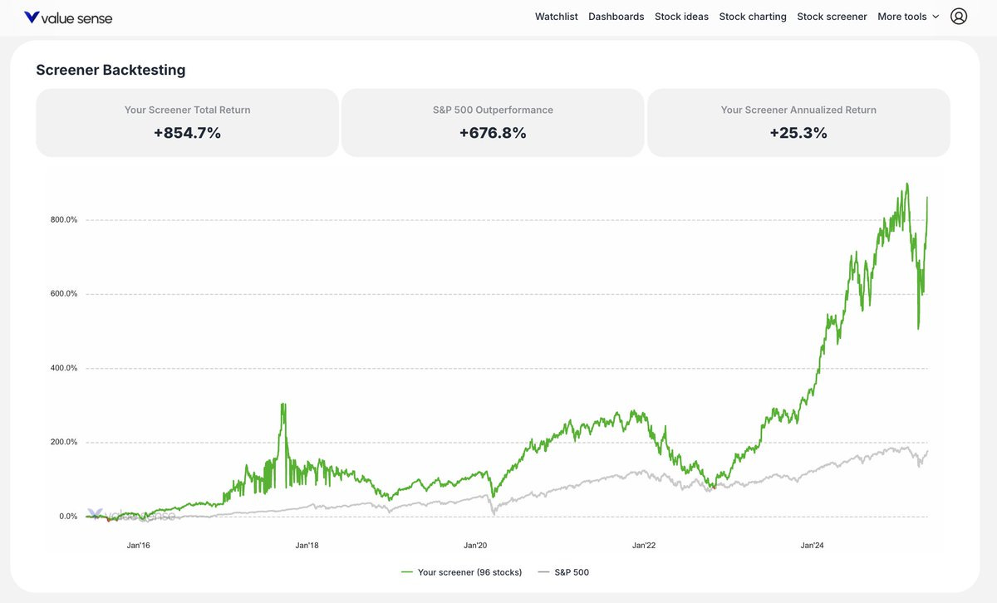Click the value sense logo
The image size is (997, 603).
pyautogui.click(x=68, y=17)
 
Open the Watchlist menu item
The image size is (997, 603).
pyautogui.click(x=557, y=17)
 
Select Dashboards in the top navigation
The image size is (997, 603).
pyautogui.click(x=616, y=17)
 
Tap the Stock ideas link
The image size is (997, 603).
pyautogui.click(x=681, y=17)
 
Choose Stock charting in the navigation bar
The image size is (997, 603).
pyautogui.click(x=753, y=17)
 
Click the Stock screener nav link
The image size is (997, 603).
pyautogui.click(x=832, y=17)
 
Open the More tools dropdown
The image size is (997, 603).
pyautogui.click(x=908, y=17)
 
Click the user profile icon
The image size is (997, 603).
pyautogui.click(x=959, y=17)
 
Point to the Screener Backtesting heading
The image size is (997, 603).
pyautogui.click(x=111, y=71)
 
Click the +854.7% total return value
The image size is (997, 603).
pyautogui.click(x=187, y=133)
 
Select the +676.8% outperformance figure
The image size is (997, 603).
pyautogui.click(x=493, y=133)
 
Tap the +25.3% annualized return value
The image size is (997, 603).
pyautogui.click(x=798, y=133)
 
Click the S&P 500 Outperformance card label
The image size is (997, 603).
pyautogui.click(x=493, y=110)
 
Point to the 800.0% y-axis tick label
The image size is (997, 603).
pyautogui.click(x=63, y=220)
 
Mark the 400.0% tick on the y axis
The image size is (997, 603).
pyautogui.click(x=63, y=368)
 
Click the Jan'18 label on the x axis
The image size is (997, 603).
pyautogui.click(x=307, y=546)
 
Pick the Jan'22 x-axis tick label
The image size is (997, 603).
pyautogui.click(x=644, y=546)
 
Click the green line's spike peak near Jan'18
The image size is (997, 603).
pyautogui.click(x=283, y=404)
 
